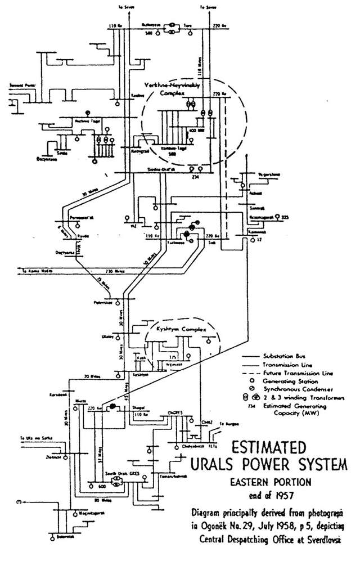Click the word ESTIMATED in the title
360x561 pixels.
[x=269, y=449]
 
